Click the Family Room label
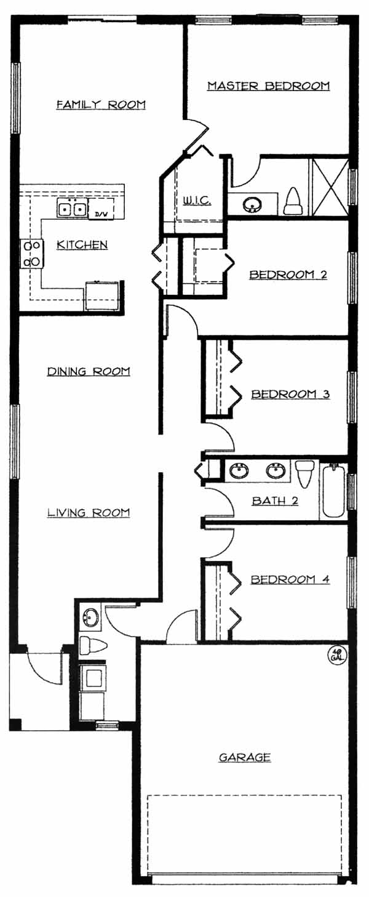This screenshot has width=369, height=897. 101,105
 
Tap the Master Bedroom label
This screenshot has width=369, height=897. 269,86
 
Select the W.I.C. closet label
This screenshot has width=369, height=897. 197,201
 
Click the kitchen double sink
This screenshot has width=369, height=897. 72,209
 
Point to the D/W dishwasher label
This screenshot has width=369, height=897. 99,214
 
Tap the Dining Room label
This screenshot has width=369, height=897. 89,371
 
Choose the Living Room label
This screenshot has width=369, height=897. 89,513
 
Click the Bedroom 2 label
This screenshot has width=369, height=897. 288,275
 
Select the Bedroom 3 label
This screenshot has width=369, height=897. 290,394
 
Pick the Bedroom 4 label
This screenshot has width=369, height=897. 290,579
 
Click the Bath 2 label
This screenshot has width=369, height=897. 276,501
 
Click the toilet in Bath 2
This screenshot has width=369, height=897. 304,473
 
